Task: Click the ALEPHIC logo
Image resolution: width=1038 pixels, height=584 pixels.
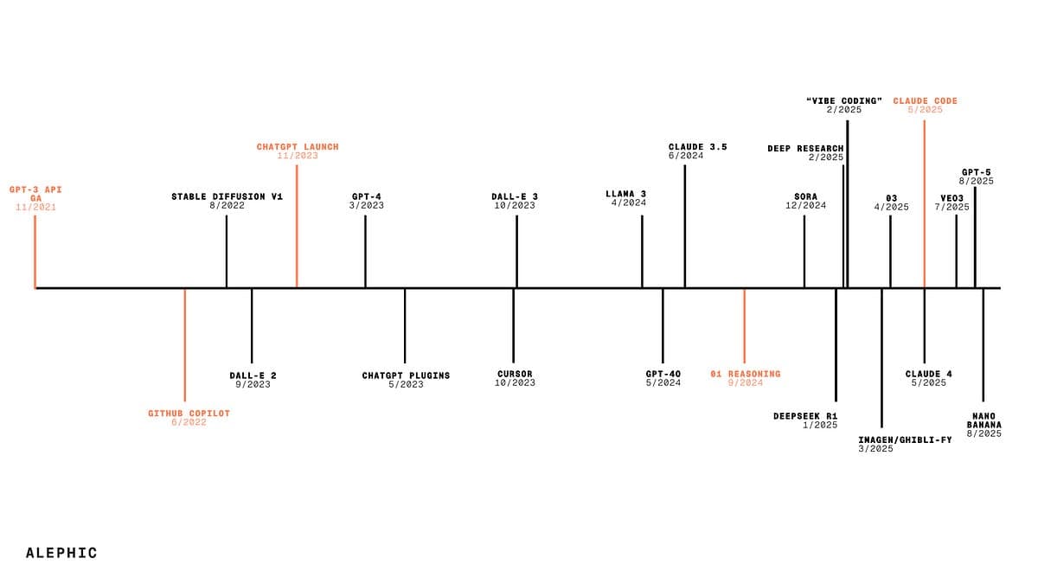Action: coord(61,553)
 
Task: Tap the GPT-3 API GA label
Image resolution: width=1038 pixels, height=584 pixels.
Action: coord(35,194)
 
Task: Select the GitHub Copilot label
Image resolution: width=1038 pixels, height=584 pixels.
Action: coord(189,413)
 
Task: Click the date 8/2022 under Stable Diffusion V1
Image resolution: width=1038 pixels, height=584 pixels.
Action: coord(227,205)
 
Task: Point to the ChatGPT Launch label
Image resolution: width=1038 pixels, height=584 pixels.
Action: coord(298,147)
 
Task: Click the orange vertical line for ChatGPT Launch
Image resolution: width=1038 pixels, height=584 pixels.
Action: coord(297,226)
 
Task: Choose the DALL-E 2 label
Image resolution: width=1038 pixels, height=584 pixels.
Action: coord(253,375)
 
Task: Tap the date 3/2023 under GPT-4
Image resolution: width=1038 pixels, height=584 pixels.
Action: coord(367,205)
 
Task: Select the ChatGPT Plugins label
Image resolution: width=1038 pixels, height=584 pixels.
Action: coord(406,375)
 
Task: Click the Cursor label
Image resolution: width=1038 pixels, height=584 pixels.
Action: coord(515,374)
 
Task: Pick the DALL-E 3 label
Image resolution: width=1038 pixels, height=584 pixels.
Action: coord(515,196)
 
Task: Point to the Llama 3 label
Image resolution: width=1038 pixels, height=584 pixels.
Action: coord(625,194)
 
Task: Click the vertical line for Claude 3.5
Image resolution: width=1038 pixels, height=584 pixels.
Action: coord(685,226)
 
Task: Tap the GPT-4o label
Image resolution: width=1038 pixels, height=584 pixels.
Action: coord(663,374)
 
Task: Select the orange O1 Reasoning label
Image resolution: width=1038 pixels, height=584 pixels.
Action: coord(746,374)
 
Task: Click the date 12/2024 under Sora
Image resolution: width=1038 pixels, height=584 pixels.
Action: coord(806,205)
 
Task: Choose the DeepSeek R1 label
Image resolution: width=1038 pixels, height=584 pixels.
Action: coord(805,416)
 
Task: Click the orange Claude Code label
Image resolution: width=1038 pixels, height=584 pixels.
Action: coord(926,101)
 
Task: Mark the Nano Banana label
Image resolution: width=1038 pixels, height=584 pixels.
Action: coord(984,420)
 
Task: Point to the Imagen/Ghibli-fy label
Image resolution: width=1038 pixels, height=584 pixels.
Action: coord(905,440)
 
